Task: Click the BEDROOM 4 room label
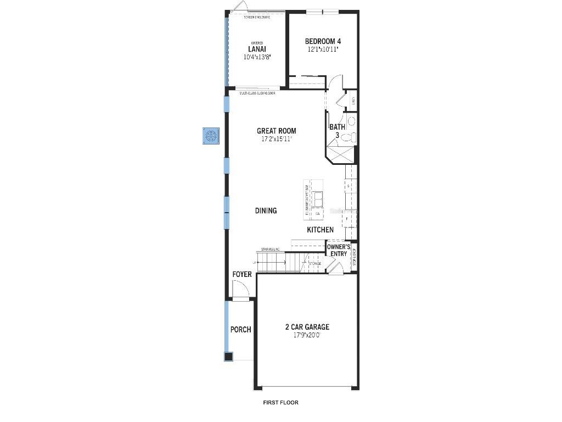pos(323,41)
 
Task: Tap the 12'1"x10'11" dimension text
pos(323,49)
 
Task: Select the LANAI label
pos(257,49)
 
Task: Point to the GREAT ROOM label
pos(276,131)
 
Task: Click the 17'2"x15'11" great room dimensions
pos(276,139)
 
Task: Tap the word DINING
pos(266,210)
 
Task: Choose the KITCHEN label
pos(320,230)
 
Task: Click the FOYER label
pos(242,274)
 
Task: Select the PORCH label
pos(240,330)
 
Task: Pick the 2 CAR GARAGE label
pos(307,327)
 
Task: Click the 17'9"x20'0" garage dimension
pos(307,335)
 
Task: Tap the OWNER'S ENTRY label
pos(339,251)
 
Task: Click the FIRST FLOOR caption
pos(281,402)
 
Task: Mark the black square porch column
pos(228,357)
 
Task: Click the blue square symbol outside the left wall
pos(211,136)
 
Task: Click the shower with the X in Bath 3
pos(340,152)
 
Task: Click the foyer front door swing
pos(239,289)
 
